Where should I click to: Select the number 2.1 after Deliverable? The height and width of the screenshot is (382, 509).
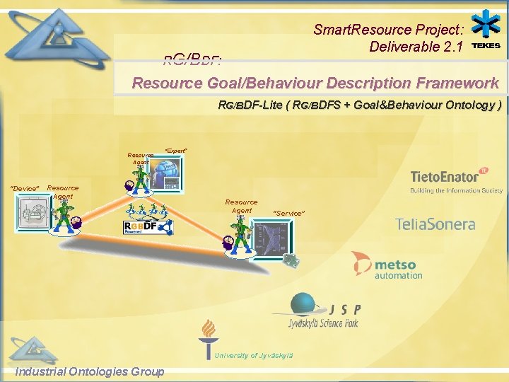click(x=451, y=47)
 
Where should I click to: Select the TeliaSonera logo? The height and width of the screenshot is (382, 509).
click(x=435, y=225)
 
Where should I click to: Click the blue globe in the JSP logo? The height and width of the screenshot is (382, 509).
click(x=311, y=305)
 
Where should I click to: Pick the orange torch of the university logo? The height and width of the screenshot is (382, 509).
click(x=208, y=333)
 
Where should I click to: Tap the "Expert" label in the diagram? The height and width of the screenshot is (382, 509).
click(x=175, y=151)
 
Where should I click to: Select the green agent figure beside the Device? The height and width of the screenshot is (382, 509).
click(x=65, y=212)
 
